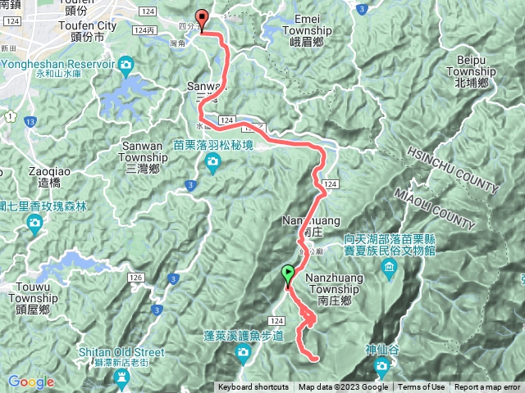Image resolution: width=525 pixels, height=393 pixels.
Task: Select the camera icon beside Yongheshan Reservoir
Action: pos(126,64)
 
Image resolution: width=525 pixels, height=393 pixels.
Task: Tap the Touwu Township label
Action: pos(34,304)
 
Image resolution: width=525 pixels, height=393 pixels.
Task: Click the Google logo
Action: pos(30,382)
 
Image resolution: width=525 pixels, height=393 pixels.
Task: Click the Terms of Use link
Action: pos(422,387)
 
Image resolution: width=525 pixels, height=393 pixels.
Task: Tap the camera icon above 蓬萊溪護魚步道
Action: pos(243,353)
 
